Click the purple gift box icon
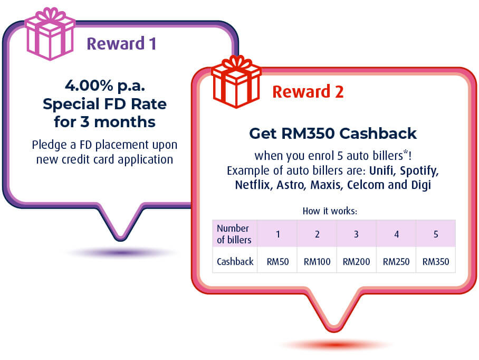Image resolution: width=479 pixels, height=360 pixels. point(50,34)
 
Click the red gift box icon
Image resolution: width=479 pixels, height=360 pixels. point(236,82)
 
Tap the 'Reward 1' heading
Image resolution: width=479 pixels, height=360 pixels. point(121,43)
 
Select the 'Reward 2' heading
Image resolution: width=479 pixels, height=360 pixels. point(308,92)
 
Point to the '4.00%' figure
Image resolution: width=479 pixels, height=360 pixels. point(89,86)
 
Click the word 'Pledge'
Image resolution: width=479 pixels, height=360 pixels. point(49,145)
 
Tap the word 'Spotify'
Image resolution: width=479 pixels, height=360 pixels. point(419,171)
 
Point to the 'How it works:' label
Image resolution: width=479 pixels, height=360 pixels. point(330,211)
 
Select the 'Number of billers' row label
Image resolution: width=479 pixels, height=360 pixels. point(234,234)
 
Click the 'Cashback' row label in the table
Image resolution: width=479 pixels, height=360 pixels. point(235,262)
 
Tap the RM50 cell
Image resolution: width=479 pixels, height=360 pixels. point(277,262)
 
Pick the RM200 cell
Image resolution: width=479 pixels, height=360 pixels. point(356,262)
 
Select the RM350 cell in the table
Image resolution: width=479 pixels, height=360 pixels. point(436,262)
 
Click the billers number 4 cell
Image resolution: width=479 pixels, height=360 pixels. point(396,234)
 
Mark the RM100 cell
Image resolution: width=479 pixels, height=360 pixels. point(317,262)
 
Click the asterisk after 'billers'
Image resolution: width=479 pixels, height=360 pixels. point(406,152)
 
